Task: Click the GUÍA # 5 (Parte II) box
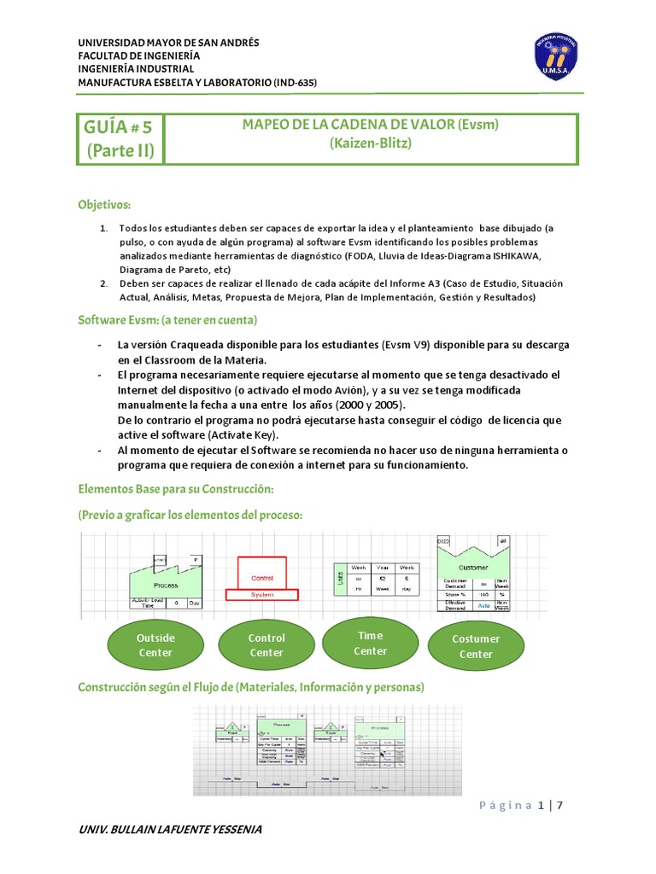tap(118, 140)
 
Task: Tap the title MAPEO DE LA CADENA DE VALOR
tap(370, 125)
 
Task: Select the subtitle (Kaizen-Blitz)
tap(370, 143)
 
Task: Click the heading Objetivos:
tap(104, 205)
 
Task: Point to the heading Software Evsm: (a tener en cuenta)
tap(167, 319)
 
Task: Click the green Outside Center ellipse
tap(155, 645)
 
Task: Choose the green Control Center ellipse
tap(266, 645)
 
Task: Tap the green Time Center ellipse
tap(370, 643)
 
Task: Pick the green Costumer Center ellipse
tap(476, 646)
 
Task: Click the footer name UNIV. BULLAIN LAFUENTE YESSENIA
tap(170, 830)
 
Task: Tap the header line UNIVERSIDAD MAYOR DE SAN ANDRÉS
tap(168, 43)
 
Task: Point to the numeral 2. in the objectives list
tap(103, 283)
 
